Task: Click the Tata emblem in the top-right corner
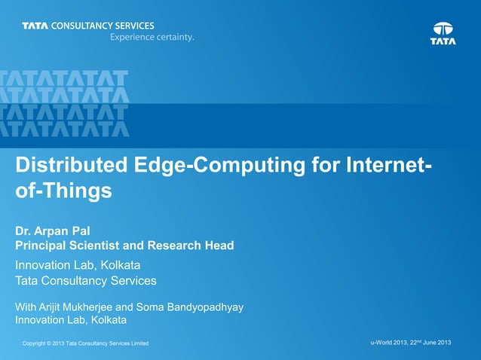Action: [x=443, y=32]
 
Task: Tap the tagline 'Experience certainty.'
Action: [x=152, y=38]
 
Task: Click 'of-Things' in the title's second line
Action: [x=63, y=191]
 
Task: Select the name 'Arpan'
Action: [x=55, y=230]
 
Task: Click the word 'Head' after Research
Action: [x=219, y=245]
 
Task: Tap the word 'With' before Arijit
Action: [x=27, y=307]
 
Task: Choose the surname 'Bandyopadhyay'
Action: [x=216, y=307]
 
